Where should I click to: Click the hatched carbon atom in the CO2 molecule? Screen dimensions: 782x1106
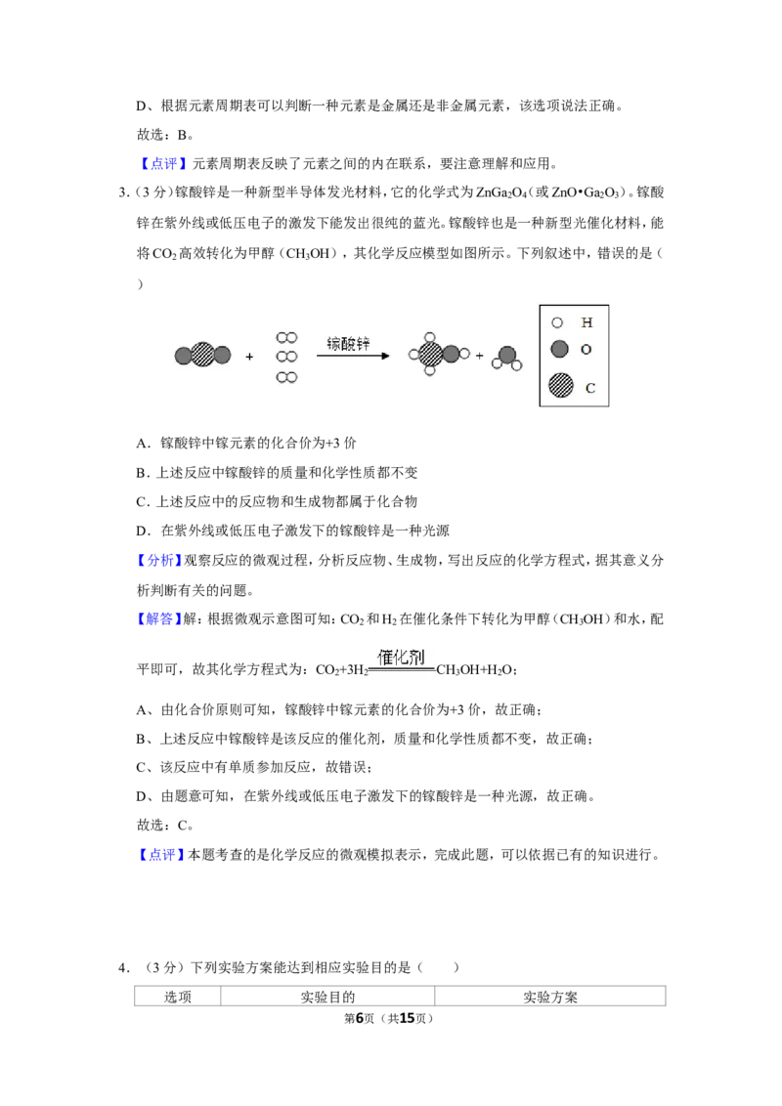pyautogui.click(x=202, y=355)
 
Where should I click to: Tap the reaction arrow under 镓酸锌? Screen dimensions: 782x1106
pyautogui.click(x=353, y=356)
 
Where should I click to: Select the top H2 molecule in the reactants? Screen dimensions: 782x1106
pyautogui.click(x=286, y=338)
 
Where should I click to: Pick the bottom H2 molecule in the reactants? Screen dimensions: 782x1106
pyautogui.click(x=286, y=377)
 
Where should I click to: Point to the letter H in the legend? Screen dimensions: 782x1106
pyautogui.click(x=586, y=322)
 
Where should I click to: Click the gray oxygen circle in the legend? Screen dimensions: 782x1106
pyautogui.click(x=559, y=349)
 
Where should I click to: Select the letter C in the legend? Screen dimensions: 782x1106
pyautogui.click(x=590, y=388)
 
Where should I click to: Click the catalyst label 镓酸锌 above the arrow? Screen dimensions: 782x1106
pyautogui.click(x=348, y=344)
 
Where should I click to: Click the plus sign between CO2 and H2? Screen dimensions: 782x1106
pyautogui.click(x=249, y=357)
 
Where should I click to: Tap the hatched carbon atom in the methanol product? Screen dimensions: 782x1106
pyautogui.click(x=430, y=354)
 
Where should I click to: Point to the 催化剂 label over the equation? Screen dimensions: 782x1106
pyautogui.click(x=401, y=658)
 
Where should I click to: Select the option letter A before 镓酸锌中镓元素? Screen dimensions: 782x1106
pyautogui.click(x=144, y=443)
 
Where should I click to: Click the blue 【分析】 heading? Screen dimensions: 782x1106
pyautogui.click(x=155, y=560)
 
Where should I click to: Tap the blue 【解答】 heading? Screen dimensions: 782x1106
pyautogui.click(x=155, y=618)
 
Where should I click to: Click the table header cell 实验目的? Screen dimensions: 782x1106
pyautogui.click(x=327, y=997)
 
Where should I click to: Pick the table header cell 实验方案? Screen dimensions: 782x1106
pyautogui.click(x=549, y=997)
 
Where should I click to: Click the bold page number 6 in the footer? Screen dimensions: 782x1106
pyautogui.click(x=360, y=1018)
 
